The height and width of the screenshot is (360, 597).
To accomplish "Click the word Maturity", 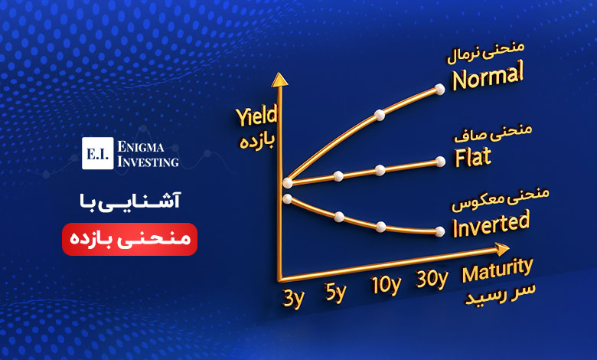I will coord(496,269).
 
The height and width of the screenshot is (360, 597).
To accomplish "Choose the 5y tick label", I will coord(335,293).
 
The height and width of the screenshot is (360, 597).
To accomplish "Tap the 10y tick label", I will coord(385,286).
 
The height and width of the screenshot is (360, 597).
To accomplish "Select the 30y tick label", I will coord(432,280).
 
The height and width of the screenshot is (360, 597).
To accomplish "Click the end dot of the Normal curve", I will coord(439,90).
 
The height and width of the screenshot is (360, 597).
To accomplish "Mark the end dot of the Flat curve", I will coord(440,161).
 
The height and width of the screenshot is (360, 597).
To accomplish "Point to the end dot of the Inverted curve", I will coord(439,231).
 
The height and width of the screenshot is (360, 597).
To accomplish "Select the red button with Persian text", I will coord(129,239).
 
